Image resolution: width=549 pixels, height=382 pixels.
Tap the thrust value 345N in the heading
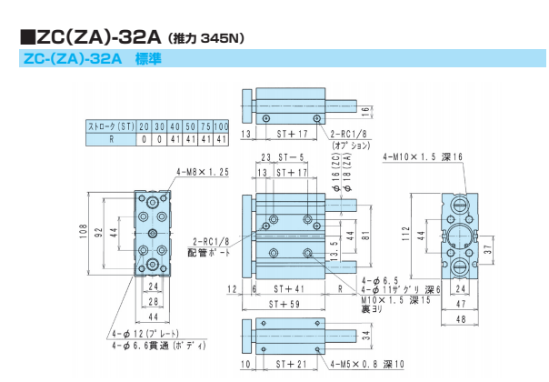[221, 38]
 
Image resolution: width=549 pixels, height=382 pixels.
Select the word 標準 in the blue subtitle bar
[148, 59]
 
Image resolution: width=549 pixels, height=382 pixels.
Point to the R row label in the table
[110, 140]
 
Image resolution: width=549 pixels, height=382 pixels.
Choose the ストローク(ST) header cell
[110, 126]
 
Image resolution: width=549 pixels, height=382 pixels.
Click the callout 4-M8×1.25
[198, 171]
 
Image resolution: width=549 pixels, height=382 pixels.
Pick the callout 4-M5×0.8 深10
[369, 366]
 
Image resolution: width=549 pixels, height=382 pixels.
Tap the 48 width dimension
[461, 319]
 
